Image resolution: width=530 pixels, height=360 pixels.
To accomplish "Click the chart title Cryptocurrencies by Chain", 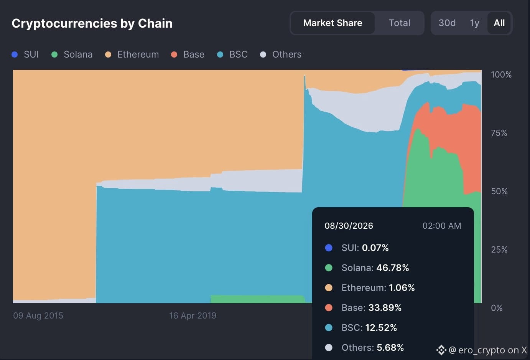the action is tap(92, 23).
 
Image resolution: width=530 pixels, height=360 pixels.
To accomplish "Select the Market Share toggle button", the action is tap(332, 23).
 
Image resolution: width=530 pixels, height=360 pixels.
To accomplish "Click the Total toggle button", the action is tap(399, 23).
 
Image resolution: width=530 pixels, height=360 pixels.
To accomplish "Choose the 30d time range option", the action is tap(447, 23).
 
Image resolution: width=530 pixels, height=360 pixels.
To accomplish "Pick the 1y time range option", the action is tap(474, 23).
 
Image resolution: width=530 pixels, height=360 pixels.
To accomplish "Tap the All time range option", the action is tap(499, 23).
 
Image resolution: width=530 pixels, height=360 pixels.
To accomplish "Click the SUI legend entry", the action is tap(25, 54).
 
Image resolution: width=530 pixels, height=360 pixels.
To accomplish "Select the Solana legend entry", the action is tap(72, 54).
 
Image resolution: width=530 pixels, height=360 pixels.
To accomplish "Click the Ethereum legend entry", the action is tap(132, 54).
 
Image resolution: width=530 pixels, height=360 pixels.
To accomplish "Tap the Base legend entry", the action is tap(188, 54).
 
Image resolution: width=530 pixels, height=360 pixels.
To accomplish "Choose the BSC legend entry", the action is tap(232, 54).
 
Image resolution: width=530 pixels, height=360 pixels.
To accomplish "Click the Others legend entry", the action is tap(281, 54).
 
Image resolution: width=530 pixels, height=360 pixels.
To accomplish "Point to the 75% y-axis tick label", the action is tap(499, 133).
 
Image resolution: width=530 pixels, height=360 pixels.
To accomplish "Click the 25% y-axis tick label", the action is tap(499, 249).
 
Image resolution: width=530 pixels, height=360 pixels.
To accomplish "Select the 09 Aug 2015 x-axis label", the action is tap(38, 316).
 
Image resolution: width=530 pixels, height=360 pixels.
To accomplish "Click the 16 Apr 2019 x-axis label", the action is tap(193, 316).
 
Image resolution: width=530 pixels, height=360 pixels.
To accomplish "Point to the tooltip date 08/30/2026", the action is tap(349, 226).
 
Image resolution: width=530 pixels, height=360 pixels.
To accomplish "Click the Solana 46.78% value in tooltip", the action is tap(393, 268).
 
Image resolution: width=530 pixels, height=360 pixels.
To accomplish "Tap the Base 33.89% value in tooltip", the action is tap(385, 308).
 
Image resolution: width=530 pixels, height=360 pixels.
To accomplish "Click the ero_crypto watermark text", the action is tap(488, 350).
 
